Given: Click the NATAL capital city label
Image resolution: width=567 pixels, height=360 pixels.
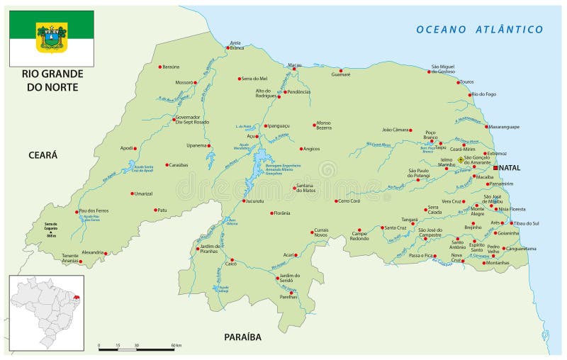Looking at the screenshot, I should pyautogui.click(x=510, y=168).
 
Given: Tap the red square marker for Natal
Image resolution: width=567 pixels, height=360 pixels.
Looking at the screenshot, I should pyautogui.click(x=496, y=167).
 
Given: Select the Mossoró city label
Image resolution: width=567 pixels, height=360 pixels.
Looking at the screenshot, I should pyautogui.click(x=184, y=82).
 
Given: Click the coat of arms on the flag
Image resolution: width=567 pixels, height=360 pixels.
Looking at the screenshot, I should pyautogui.click(x=52, y=37).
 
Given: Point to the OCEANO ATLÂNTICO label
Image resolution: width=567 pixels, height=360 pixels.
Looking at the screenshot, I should pyautogui.click(x=479, y=29).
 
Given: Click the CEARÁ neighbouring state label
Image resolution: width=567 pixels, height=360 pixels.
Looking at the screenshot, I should pyautogui.click(x=43, y=154).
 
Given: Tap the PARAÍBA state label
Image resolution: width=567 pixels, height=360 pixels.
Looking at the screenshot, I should pyautogui.click(x=243, y=337).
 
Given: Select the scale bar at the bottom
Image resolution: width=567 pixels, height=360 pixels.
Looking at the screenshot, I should pyautogui.click(x=136, y=349).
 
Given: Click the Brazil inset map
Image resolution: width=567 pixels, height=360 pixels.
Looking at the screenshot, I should pyautogui.click(x=47, y=312).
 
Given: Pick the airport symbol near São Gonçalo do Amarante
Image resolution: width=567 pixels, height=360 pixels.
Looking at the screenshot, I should pyautogui.click(x=460, y=160).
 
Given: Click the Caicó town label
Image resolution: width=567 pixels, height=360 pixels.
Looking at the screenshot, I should pyautogui.click(x=230, y=264).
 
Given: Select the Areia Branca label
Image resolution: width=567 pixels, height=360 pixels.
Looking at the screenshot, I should pyautogui.click(x=235, y=45).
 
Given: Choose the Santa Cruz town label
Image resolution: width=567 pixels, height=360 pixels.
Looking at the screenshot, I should pyautogui.click(x=395, y=227).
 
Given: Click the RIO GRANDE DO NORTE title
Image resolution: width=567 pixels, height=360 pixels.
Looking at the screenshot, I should pyautogui.click(x=47, y=79).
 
